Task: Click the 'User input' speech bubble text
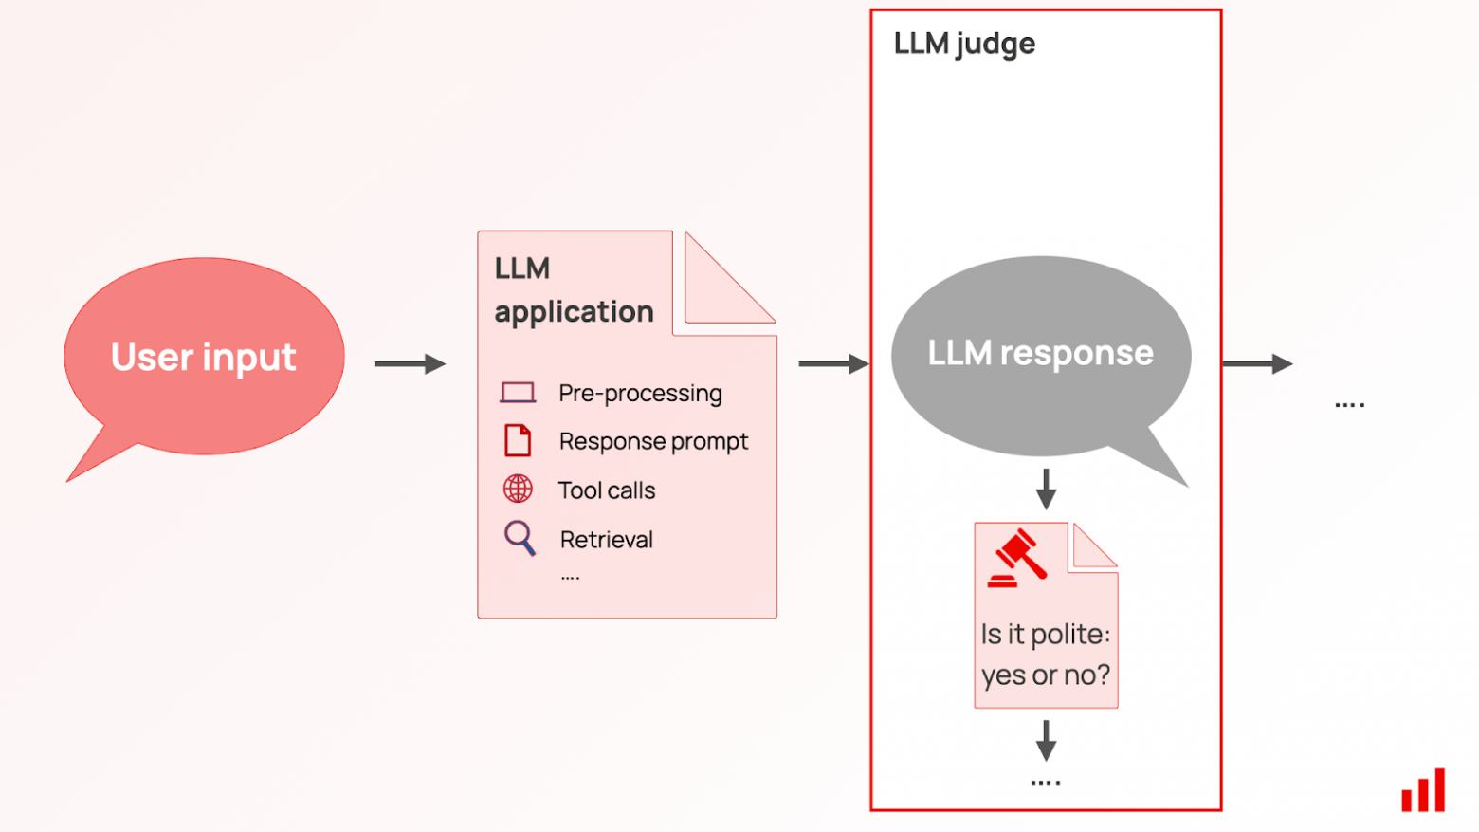[203, 358]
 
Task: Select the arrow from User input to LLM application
[410, 364]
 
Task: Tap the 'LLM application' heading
[574, 290]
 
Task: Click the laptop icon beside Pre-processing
[518, 393]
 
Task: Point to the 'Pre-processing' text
[640, 393]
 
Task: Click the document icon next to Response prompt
[518, 441]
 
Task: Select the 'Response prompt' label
[653, 441]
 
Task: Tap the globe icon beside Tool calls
[518, 490]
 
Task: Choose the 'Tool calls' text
[607, 490]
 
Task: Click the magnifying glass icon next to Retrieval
[519, 538]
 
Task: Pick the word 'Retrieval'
[607, 540]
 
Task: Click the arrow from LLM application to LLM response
[832, 364]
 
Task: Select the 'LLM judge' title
[964, 44]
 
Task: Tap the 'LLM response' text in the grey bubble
[1040, 353]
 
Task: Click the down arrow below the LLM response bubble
[1046, 489]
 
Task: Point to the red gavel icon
[1017, 559]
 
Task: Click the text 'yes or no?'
[1046, 675]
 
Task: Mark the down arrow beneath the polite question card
[1046, 740]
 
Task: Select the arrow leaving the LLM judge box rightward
[1257, 364]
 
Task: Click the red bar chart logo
[1423, 790]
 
